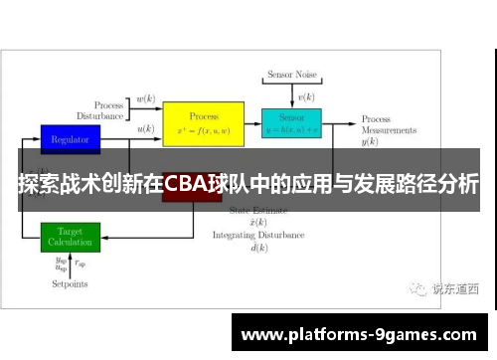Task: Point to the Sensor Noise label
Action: tap(291, 75)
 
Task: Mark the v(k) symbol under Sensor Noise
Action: tap(307, 96)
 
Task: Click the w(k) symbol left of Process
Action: tap(145, 98)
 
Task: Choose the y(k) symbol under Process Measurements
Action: tap(370, 143)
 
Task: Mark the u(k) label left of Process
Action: tap(145, 128)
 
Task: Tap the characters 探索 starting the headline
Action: tap(36, 184)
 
